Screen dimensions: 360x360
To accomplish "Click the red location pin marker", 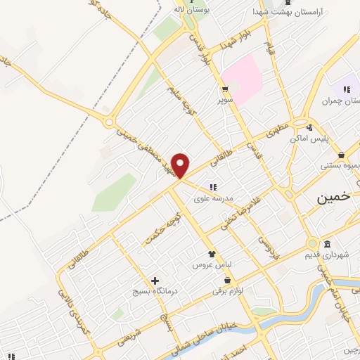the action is point(181,166).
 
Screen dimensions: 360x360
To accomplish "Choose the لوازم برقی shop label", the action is point(229,290).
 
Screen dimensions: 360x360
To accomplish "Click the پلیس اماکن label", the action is point(310,139).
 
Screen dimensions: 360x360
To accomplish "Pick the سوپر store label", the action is point(224,100).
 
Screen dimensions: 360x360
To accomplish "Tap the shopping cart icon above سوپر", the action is point(225,89).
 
